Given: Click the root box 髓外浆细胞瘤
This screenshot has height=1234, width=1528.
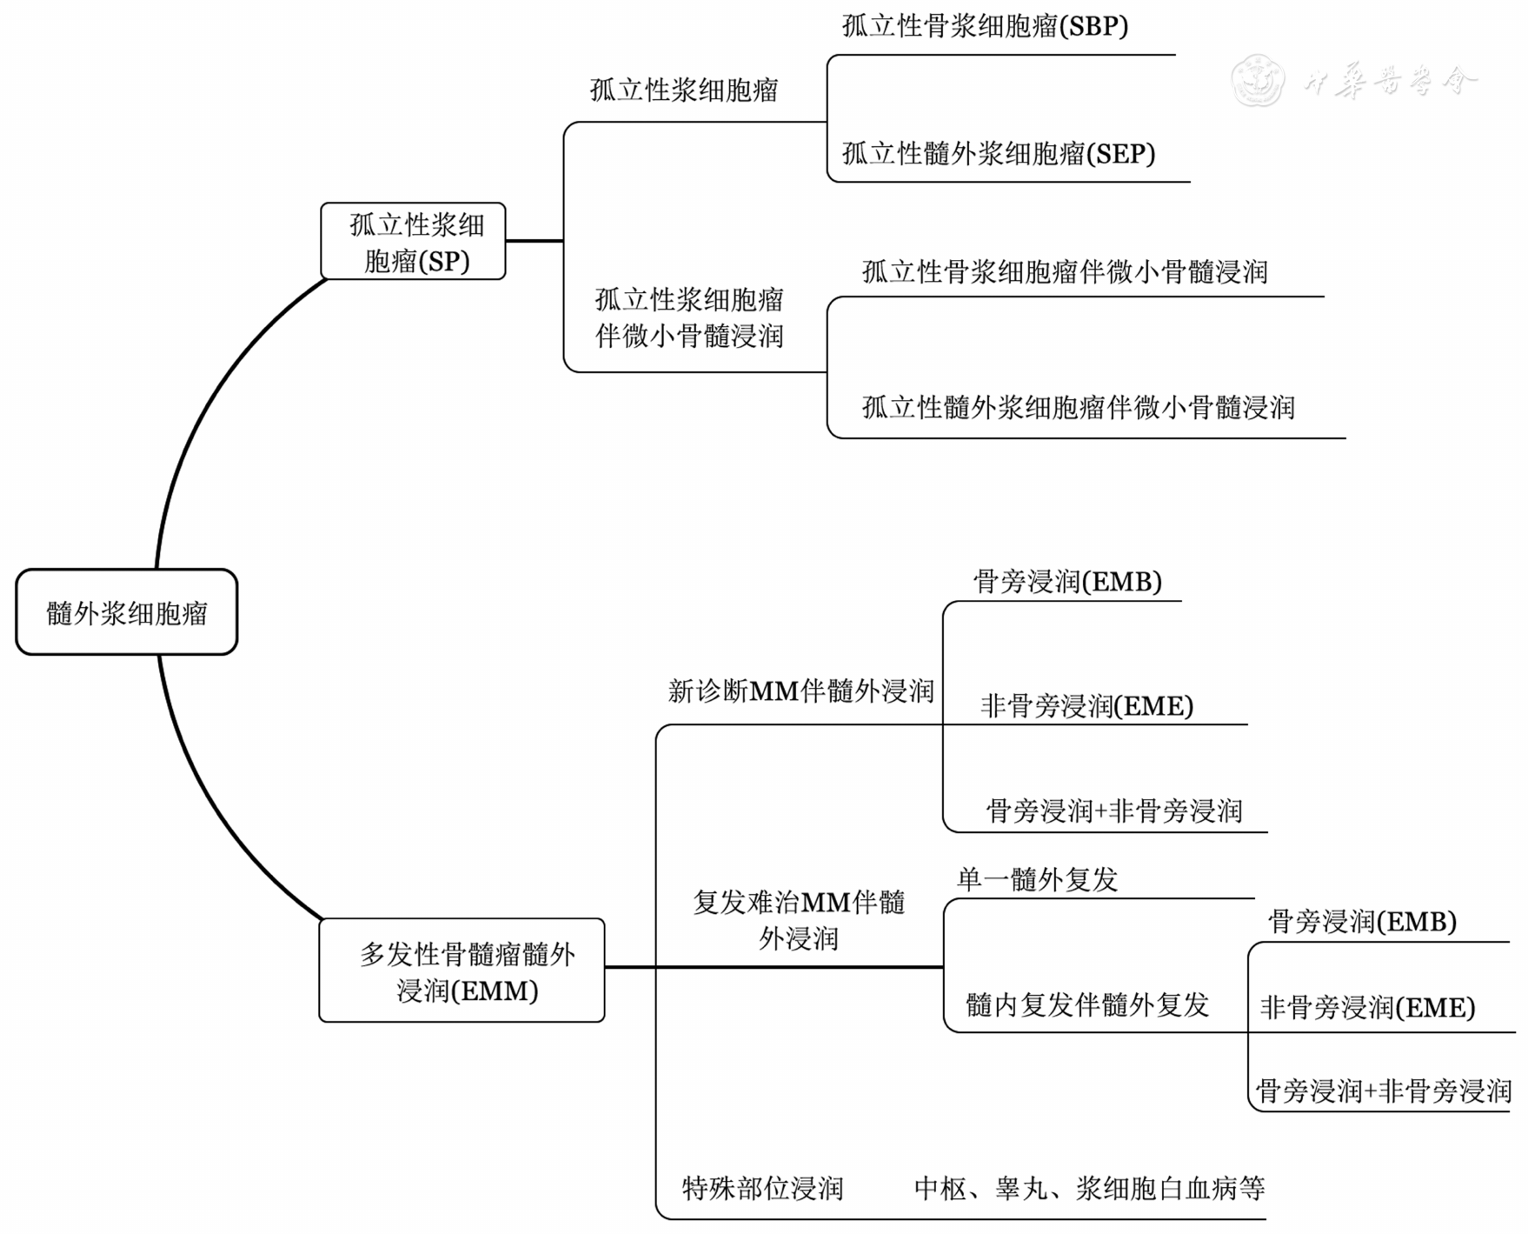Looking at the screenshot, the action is click(127, 612).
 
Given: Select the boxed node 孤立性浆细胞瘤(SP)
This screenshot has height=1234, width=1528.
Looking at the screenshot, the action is click(413, 241).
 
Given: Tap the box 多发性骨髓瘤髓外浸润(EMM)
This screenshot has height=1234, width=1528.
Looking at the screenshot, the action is click(462, 970).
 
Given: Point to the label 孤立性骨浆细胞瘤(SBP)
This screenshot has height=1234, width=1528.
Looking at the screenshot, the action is click(985, 26).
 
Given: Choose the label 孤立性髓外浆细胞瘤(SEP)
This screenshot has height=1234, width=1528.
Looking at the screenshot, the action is click(999, 153).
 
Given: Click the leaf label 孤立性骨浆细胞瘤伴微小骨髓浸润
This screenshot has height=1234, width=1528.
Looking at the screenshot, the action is click(1065, 271).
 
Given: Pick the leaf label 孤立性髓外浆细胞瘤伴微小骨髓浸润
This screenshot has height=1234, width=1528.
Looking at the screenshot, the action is click(1079, 406).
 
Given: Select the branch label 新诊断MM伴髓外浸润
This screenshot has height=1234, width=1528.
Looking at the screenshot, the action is click(801, 690).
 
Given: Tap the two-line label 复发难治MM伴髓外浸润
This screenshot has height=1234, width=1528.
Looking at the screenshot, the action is click(799, 920).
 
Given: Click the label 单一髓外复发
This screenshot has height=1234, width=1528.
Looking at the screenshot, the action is click(1037, 879).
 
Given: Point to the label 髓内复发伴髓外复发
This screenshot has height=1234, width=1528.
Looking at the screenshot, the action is click(1087, 1004).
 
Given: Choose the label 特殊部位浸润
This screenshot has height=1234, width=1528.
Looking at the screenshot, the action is click(762, 1188).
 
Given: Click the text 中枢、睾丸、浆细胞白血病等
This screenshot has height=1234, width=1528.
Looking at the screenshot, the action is click(1089, 1188).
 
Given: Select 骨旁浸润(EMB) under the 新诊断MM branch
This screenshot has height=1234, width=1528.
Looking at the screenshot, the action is click(1067, 581).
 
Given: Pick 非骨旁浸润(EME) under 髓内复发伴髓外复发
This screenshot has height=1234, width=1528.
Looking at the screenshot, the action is click(1368, 1007).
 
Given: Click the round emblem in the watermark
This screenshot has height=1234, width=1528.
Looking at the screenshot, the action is click(1258, 79).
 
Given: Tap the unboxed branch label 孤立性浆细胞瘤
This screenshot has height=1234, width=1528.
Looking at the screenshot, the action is click(684, 90).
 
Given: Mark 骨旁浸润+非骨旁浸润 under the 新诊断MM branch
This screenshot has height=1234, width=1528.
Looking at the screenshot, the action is click(1114, 810).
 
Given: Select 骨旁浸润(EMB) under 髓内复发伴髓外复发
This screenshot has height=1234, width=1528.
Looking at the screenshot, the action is click(1362, 921).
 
